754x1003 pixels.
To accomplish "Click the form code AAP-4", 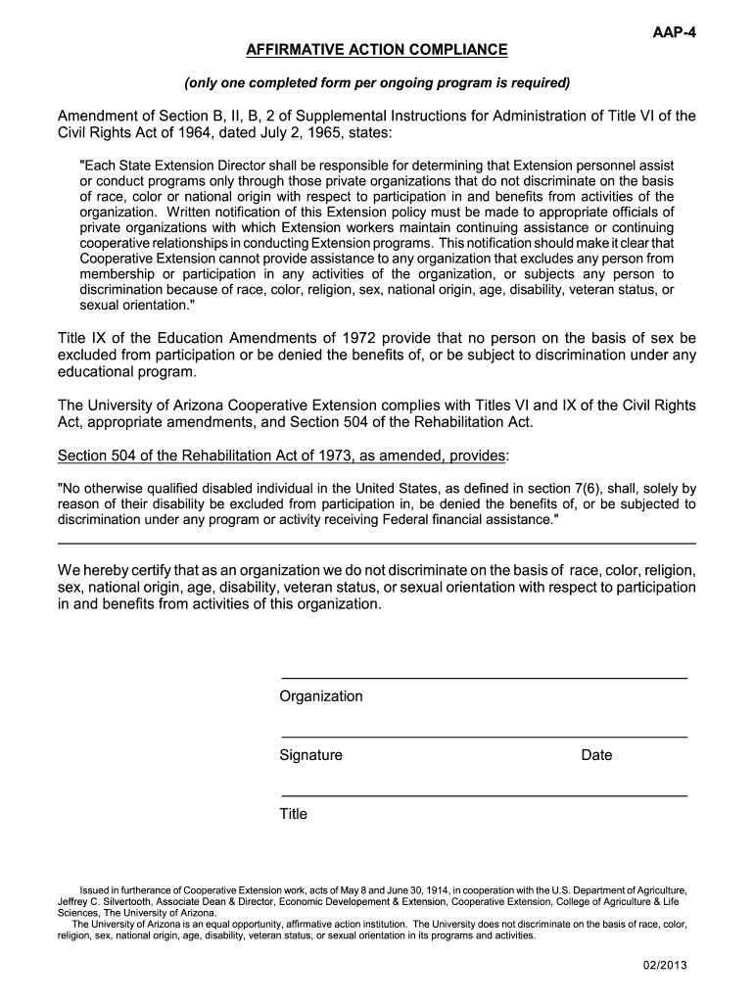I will click(x=674, y=31).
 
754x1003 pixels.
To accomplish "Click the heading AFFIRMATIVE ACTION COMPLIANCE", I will click(x=377, y=49).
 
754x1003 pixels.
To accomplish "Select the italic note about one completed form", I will click(x=377, y=81).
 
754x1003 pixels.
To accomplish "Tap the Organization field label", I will click(x=321, y=696).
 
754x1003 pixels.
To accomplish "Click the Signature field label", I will click(x=311, y=755).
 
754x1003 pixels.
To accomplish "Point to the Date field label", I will click(x=596, y=755).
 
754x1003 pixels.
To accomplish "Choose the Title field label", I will click(x=294, y=814).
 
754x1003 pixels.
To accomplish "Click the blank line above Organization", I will click(x=484, y=678).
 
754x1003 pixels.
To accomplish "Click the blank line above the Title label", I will click(x=484, y=794).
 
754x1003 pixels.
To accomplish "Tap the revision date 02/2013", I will click(x=665, y=965).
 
